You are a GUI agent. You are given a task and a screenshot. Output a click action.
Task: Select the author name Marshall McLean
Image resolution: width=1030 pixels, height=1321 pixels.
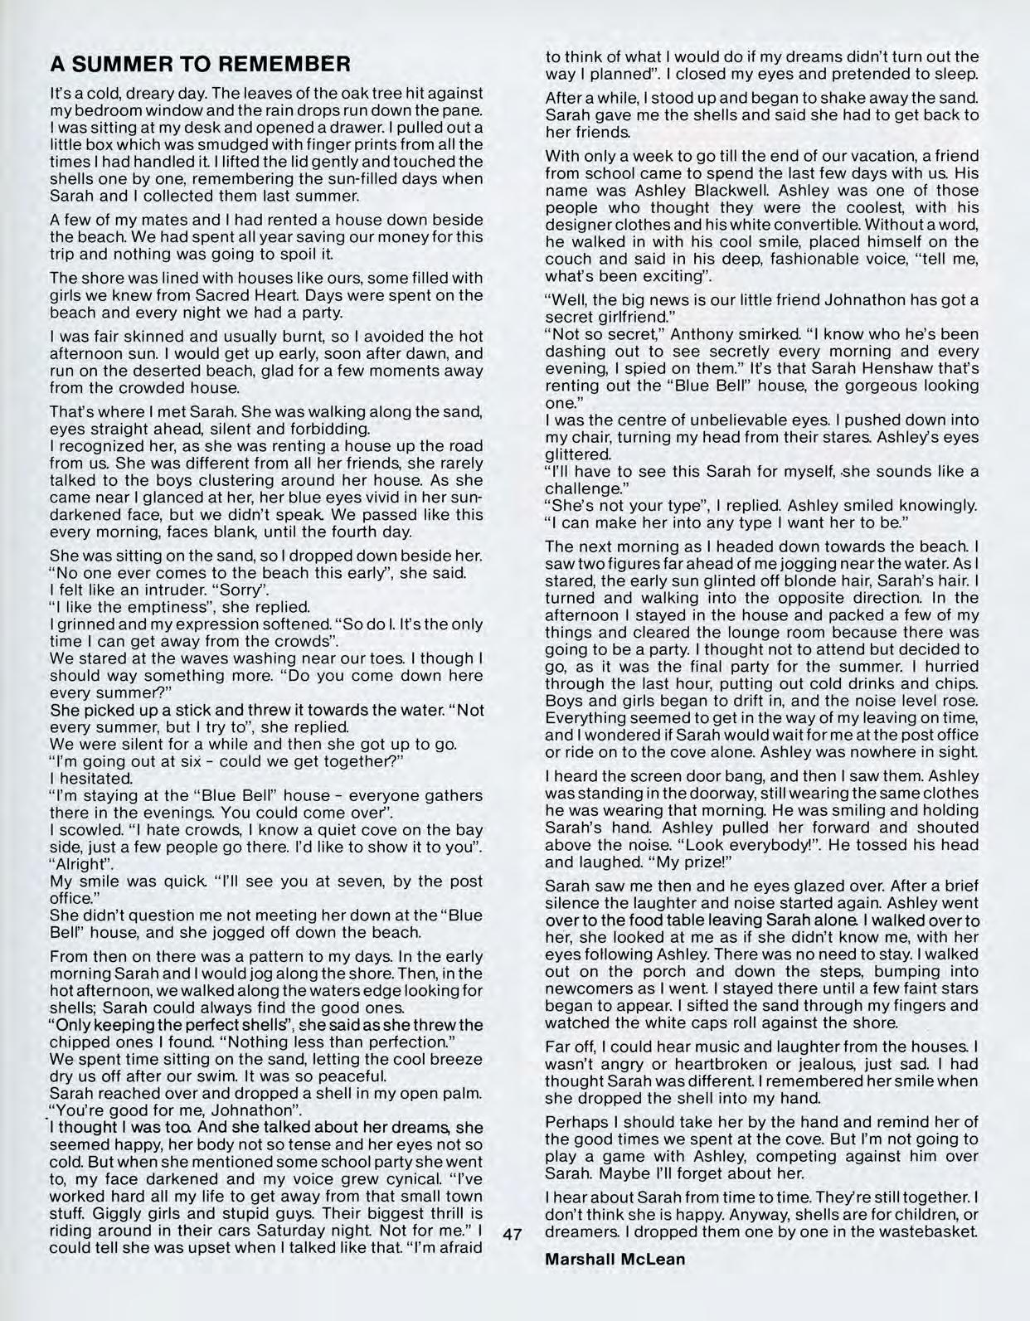(615, 1258)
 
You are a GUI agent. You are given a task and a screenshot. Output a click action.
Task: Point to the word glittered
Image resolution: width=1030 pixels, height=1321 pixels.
(578, 454)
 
